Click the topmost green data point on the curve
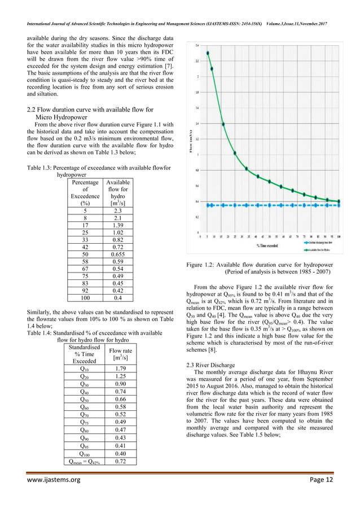click(x=208, y=53)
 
